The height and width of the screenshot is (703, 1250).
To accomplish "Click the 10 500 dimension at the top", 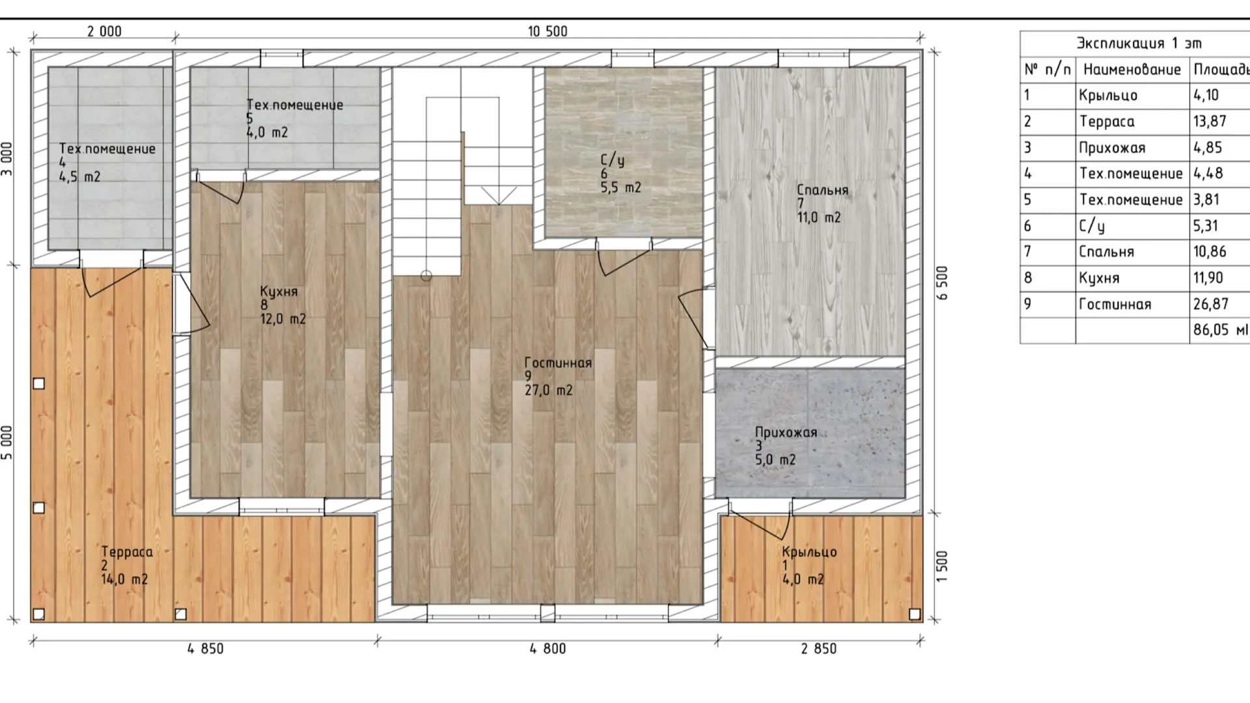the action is (547, 31).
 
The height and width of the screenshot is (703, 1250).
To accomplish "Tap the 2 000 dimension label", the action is (104, 31).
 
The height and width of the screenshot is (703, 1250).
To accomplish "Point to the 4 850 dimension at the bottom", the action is (205, 648).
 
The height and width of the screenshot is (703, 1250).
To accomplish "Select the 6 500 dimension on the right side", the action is (942, 283).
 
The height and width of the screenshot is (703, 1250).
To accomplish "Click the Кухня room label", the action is (279, 292).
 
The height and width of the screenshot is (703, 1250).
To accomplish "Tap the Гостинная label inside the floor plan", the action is (558, 363).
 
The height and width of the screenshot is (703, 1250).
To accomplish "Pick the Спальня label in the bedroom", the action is (823, 190).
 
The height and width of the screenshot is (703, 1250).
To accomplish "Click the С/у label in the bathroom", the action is (613, 160).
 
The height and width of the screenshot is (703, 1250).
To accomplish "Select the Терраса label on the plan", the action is (127, 552).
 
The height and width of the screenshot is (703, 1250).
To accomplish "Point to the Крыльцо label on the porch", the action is (809, 552).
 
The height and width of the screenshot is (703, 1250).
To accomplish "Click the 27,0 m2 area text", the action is (549, 390).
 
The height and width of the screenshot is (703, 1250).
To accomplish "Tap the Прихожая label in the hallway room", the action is (786, 432).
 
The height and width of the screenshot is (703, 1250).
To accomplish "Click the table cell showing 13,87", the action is (1210, 121).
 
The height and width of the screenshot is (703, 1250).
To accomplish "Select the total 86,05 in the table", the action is (1211, 330).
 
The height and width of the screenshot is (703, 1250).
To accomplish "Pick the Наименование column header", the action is (1132, 70).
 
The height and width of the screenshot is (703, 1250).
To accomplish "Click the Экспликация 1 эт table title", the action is (1139, 43).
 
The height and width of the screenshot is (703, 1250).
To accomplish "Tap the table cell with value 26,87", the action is (1211, 304).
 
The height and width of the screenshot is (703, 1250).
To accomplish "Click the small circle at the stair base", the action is (426, 276).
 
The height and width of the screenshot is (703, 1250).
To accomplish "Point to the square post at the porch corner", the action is (915, 614).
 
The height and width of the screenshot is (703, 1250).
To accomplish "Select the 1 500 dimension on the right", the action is (942, 566).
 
